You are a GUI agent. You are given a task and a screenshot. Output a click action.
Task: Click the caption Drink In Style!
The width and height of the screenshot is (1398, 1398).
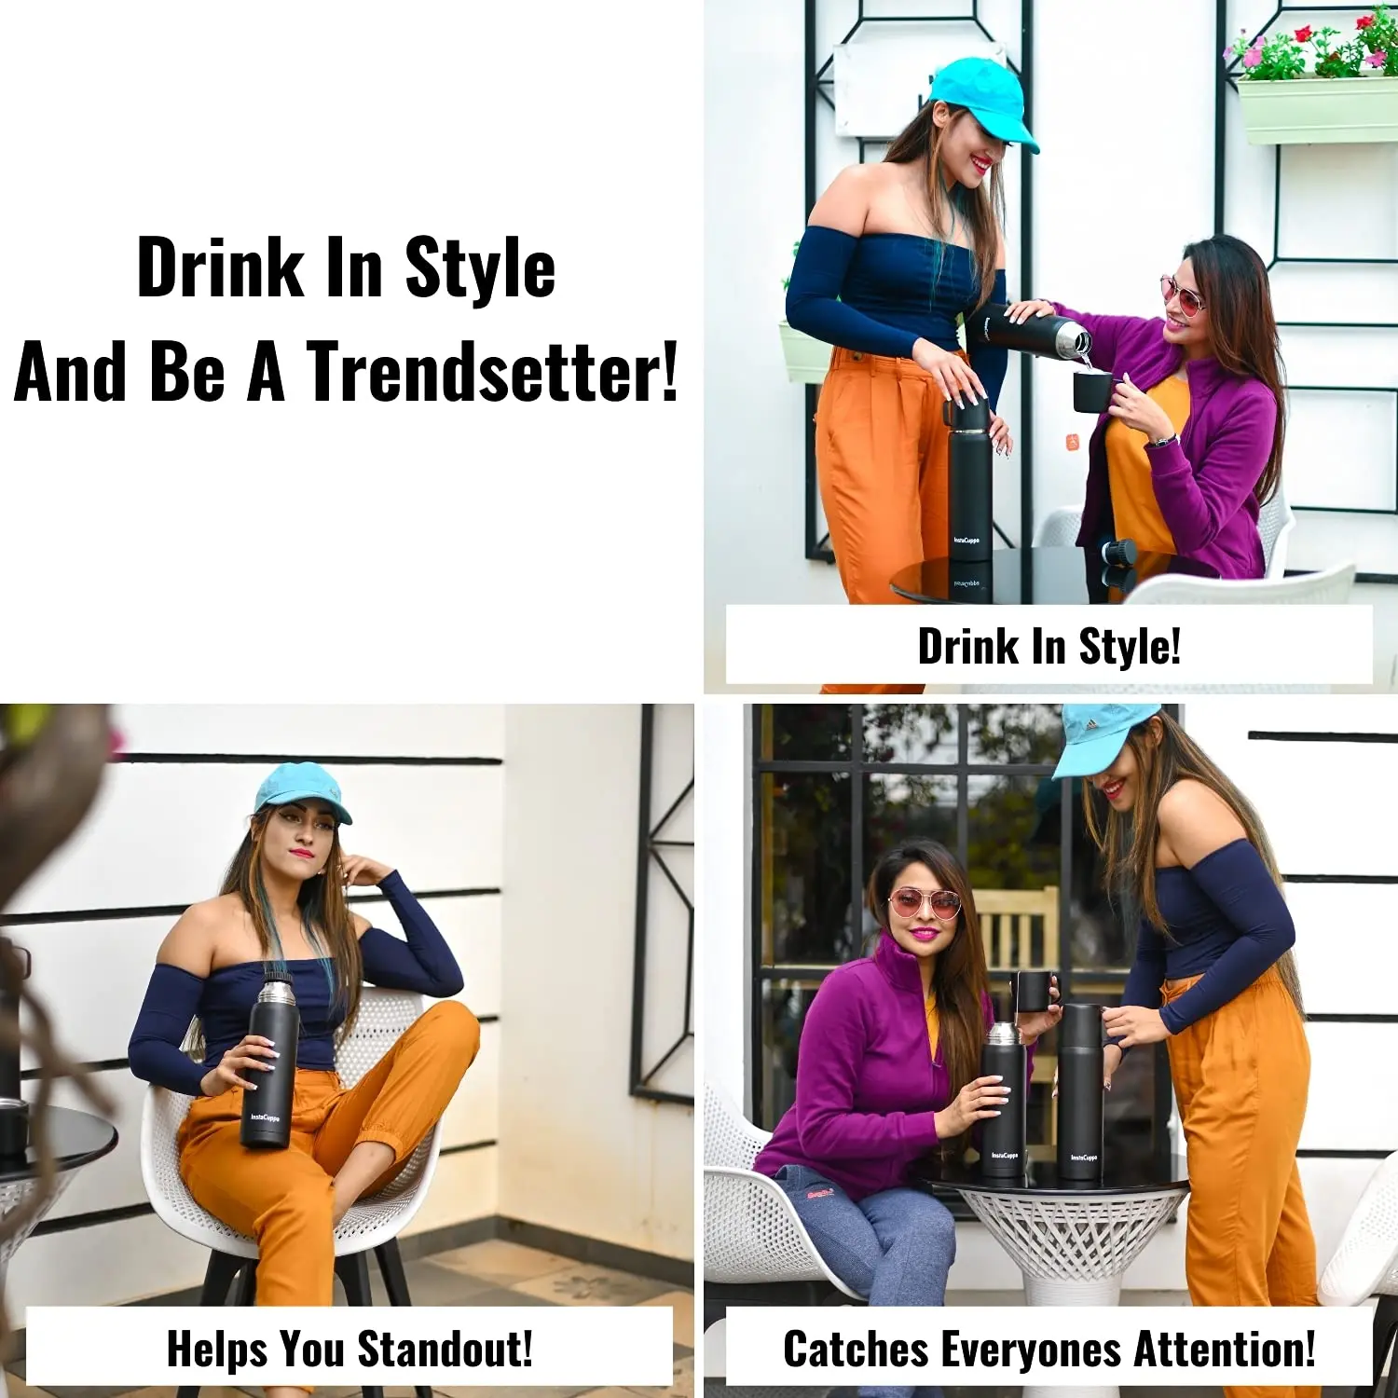1049,646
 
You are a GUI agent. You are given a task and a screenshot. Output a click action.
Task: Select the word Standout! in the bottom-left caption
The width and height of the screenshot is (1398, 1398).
445,1348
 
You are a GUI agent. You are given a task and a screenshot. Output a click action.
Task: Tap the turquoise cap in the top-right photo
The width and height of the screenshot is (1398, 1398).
983,101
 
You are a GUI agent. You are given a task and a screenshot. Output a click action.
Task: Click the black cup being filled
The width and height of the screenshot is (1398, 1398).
1091,391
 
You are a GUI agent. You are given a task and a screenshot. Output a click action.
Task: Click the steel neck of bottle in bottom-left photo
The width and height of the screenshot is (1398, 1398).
276,992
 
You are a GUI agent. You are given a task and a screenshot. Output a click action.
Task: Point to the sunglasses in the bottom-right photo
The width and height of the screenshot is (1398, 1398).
924,902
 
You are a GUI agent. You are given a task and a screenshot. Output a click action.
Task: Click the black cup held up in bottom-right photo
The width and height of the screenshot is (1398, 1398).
1035,992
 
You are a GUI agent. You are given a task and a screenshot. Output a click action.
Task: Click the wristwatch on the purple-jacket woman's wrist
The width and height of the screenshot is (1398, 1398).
1161,441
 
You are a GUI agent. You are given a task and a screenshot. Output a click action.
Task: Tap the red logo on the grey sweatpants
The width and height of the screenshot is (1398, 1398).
820,1192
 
